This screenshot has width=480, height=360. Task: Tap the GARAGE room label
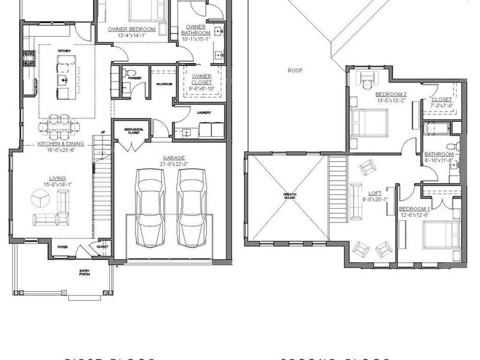[x=171, y=158]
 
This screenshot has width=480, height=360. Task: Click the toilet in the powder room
[x=126, y=74]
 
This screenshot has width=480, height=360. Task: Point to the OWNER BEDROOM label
[x=131, y=29]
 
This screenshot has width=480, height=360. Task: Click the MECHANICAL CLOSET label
[x=132, y=130]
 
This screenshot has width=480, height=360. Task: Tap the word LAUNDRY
[x=201, y=112]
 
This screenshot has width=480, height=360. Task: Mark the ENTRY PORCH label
[x=85, y=274]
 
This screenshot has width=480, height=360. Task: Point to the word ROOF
[x=295, y=70]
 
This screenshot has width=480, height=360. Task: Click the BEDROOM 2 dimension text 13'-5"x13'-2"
[x=391, y=100]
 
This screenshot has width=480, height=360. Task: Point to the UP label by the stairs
[x=103, y=132]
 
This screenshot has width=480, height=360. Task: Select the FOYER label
[x=62, y=247]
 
